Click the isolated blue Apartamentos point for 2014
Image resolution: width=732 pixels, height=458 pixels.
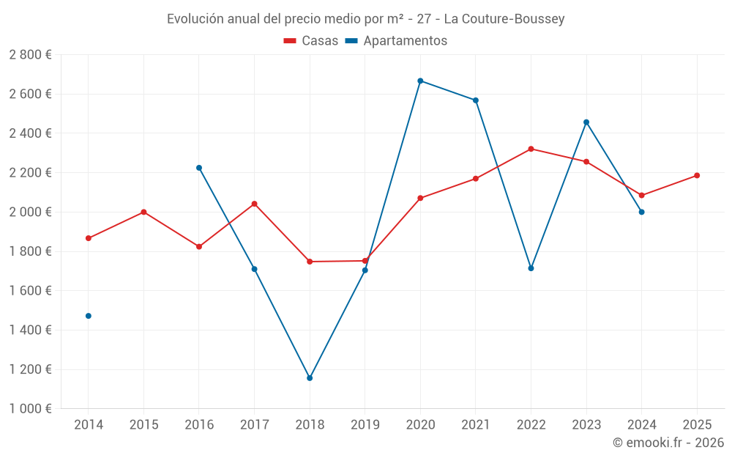89,316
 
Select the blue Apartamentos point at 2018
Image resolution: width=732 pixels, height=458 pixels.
310,378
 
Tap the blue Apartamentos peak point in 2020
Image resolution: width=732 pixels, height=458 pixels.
420,81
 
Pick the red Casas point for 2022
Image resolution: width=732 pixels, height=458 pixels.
531,149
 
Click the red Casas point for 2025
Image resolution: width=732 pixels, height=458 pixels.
697,175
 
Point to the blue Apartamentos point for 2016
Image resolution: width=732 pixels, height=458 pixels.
199,168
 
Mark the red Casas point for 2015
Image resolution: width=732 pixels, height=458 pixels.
143,212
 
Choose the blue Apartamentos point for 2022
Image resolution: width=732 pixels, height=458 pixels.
531,268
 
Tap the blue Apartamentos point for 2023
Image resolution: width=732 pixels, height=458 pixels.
586,122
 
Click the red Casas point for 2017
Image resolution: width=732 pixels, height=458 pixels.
254,204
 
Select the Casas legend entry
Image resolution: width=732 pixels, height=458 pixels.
311,41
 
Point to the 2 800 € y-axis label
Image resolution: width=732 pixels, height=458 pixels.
30,55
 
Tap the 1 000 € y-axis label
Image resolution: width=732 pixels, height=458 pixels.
30,409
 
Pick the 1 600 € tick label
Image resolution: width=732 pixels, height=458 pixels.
30,291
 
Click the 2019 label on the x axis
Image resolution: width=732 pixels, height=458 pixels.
365,424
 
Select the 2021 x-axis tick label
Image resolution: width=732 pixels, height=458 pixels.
475,424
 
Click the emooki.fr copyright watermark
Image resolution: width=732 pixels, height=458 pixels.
668,443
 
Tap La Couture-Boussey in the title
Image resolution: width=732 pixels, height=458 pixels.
504,19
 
